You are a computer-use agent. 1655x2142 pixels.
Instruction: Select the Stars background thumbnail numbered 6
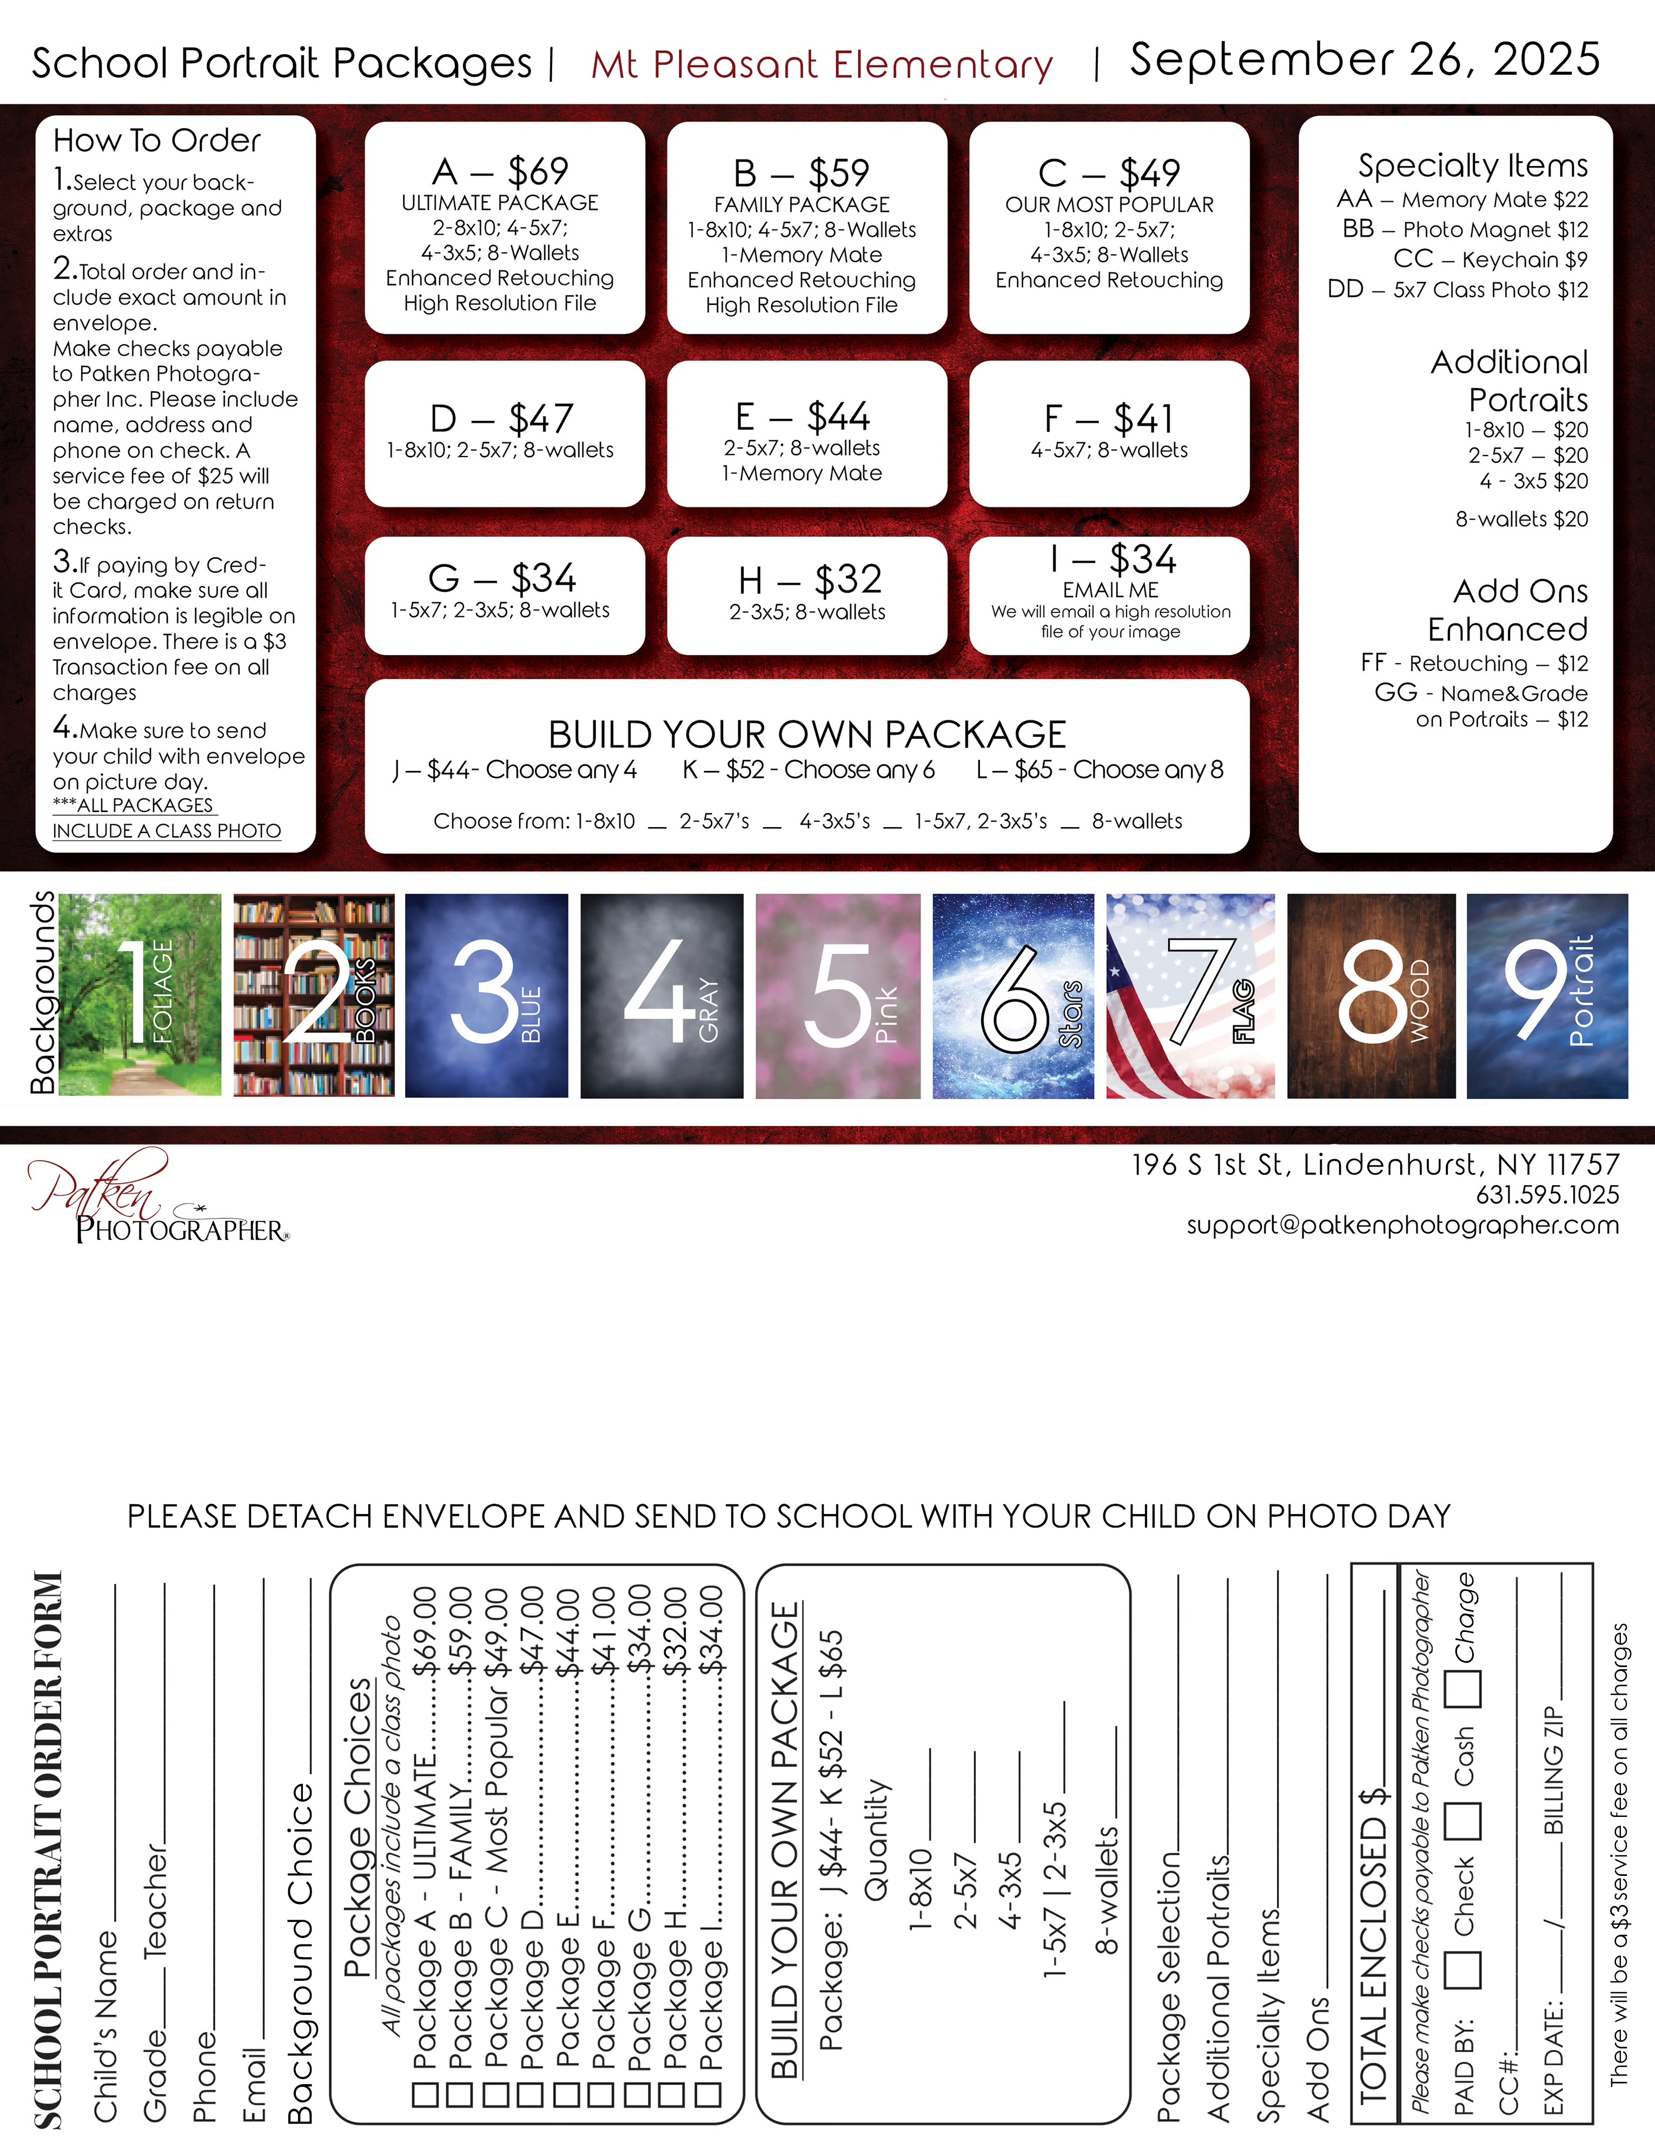pyautogui.click(x=1013, y=995)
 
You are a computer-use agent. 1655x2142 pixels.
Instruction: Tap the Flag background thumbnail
pyautogui.click(x=1190, y=995)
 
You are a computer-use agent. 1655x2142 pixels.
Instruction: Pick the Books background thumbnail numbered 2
pyautogui.click(x=314, y=995)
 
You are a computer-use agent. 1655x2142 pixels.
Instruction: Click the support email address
pyautogui.click(x=1402, y=1225)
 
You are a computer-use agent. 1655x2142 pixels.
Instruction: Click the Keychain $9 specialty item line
pyautogui.click(x=1490, y=259)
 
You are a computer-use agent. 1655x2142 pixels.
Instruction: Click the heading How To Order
pyautogui.click(x=157, y=140)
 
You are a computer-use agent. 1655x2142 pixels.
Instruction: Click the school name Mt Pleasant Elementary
pyautogui.click(x=822, y=65)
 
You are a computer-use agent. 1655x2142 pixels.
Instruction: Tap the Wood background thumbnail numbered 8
pyautogui.click(x=1371, y=995)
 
